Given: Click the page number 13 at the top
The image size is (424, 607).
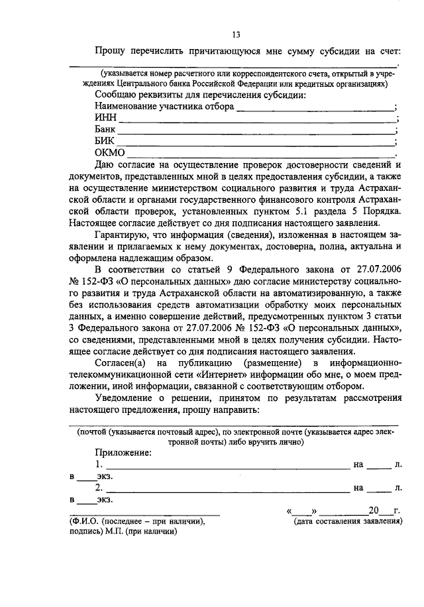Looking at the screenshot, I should [236, 35].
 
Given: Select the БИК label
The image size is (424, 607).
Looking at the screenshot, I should [105, 141].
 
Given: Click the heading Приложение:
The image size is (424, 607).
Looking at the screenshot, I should [123, 453].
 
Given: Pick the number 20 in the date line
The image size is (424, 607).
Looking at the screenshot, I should [374, 511].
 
